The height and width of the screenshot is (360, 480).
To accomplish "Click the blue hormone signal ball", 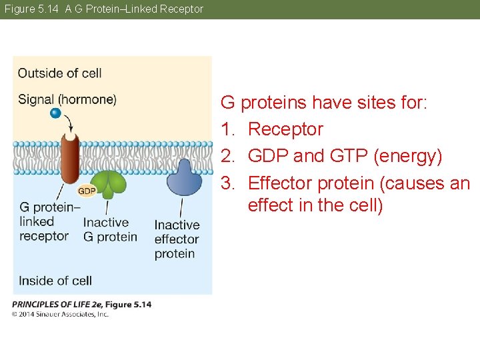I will coord(55,113).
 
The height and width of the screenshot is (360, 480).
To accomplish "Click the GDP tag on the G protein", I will coord(87,191).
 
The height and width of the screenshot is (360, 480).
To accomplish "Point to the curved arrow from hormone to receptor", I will coord(69,122).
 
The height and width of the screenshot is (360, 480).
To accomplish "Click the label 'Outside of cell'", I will coord(59,73).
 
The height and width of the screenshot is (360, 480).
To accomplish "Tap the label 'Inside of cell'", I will coord(55,281).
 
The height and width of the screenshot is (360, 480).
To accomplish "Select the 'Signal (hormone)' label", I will coord(67,99).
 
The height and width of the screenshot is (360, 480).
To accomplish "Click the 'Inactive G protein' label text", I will coord(110,229).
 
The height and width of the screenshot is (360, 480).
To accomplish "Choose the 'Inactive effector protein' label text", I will coord(177,239).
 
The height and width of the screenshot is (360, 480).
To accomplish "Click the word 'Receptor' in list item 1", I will coord(285,129).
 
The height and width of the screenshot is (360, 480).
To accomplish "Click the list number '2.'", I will coord(229,156).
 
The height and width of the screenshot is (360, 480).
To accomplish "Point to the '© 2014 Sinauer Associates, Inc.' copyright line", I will coord(60,314).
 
